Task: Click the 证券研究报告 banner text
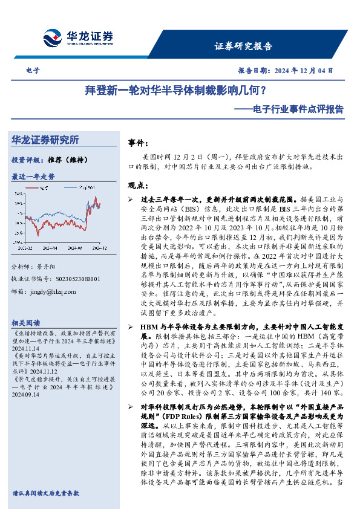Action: (243, 47)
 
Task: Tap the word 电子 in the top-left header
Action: (34, 70)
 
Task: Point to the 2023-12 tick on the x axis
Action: (27, 248)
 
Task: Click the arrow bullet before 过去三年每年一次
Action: (131, 199)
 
